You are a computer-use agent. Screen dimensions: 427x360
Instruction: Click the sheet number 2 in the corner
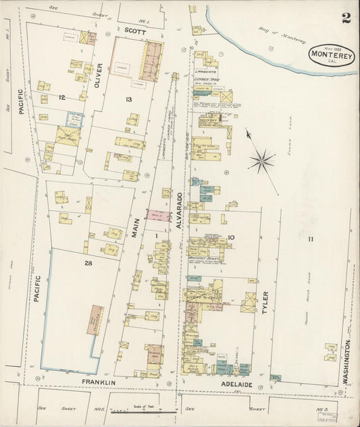345,17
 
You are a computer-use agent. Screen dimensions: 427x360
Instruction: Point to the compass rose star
262,160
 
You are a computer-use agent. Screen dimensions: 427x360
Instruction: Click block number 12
61,98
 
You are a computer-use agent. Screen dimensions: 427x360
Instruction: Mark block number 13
128,99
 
